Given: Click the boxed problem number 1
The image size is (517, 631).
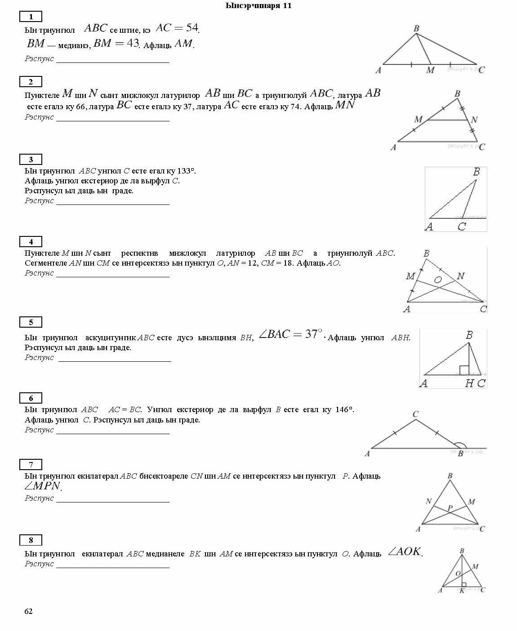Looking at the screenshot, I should [31, 17].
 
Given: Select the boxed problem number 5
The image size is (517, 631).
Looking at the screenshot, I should [31, 322].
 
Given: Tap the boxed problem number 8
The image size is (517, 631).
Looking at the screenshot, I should [31, 540].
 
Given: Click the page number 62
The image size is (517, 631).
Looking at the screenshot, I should [28, 611].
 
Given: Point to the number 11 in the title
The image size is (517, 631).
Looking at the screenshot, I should [287, 5].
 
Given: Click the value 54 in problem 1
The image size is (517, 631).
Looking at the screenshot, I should [192, 28].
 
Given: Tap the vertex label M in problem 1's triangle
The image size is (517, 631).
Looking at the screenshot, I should [430, 70].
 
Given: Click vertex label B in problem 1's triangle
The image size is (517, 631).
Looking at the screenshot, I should [416, 29].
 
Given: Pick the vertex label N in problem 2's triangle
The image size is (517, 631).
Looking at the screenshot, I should [474, 120].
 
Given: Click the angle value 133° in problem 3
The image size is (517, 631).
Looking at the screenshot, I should [186, 171].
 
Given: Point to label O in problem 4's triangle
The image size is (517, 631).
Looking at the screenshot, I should [438, 280].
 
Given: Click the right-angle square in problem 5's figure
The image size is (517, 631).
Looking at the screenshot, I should [464, 370].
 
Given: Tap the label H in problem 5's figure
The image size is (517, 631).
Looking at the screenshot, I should [469, 383].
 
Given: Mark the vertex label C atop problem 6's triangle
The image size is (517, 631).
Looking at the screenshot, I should [415, 414].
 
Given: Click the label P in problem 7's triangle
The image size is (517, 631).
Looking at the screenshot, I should [450, 508].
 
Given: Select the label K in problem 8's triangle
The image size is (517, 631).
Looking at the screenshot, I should [462, 591].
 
